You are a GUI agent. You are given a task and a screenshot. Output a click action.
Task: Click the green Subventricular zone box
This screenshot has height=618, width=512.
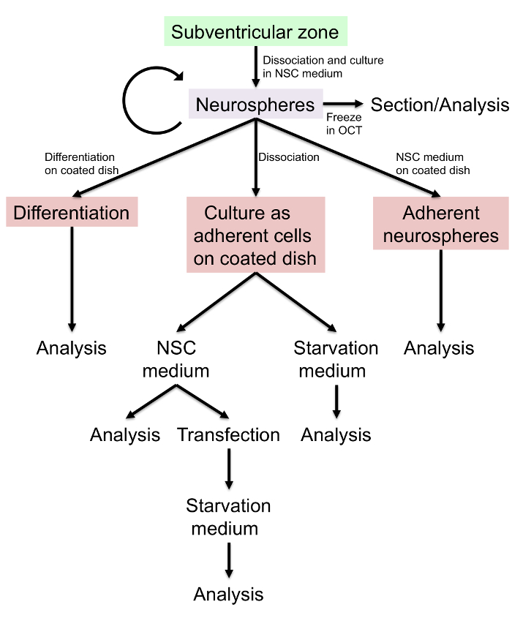(x=255, y=31)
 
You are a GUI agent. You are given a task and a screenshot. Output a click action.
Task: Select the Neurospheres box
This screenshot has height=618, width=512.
(x=255, y=104)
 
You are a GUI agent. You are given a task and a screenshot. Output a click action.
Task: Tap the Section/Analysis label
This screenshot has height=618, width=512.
(x=440, y=105)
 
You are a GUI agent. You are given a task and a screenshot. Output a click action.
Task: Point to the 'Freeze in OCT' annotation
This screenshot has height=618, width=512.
(x=344, y=124)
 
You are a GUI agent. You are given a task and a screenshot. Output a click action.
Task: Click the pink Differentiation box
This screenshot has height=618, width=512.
(x=72, y=211)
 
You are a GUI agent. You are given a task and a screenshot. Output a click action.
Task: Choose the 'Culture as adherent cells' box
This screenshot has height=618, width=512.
(x=255, y=235)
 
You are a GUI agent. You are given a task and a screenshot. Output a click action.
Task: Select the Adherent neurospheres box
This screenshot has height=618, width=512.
(x=440, y=223)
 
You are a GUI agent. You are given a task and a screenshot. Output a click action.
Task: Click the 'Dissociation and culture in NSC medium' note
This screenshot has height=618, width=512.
(x=323, y=67)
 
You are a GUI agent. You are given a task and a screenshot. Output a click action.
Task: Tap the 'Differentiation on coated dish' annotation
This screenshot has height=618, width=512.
(x=82, y=164)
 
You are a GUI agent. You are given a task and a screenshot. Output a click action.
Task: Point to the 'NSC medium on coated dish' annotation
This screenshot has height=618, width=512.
(x=433, y=164)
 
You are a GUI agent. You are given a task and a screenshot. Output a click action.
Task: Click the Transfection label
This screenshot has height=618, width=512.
(x=229, y=434)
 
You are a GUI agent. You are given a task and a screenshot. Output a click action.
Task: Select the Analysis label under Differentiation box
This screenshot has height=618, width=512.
(x=72, y=348)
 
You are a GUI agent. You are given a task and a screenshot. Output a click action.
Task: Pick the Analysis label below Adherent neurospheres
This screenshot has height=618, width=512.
(x=439, y=348)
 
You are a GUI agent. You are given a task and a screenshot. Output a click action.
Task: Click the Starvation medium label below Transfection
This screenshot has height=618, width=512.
(x=228, y=517)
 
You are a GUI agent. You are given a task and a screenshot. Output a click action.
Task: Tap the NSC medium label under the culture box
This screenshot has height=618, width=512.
(x=176, y=359)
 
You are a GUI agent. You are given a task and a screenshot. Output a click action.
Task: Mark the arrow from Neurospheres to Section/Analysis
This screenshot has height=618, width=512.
(x=343, y=104)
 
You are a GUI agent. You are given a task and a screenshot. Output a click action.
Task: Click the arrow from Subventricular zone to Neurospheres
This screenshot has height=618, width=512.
(x=256, y=67)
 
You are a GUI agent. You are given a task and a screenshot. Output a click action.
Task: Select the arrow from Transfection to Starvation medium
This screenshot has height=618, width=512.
(x=229, y=469)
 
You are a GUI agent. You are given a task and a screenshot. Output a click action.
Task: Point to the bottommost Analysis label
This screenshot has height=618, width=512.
(x=228, y=595)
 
